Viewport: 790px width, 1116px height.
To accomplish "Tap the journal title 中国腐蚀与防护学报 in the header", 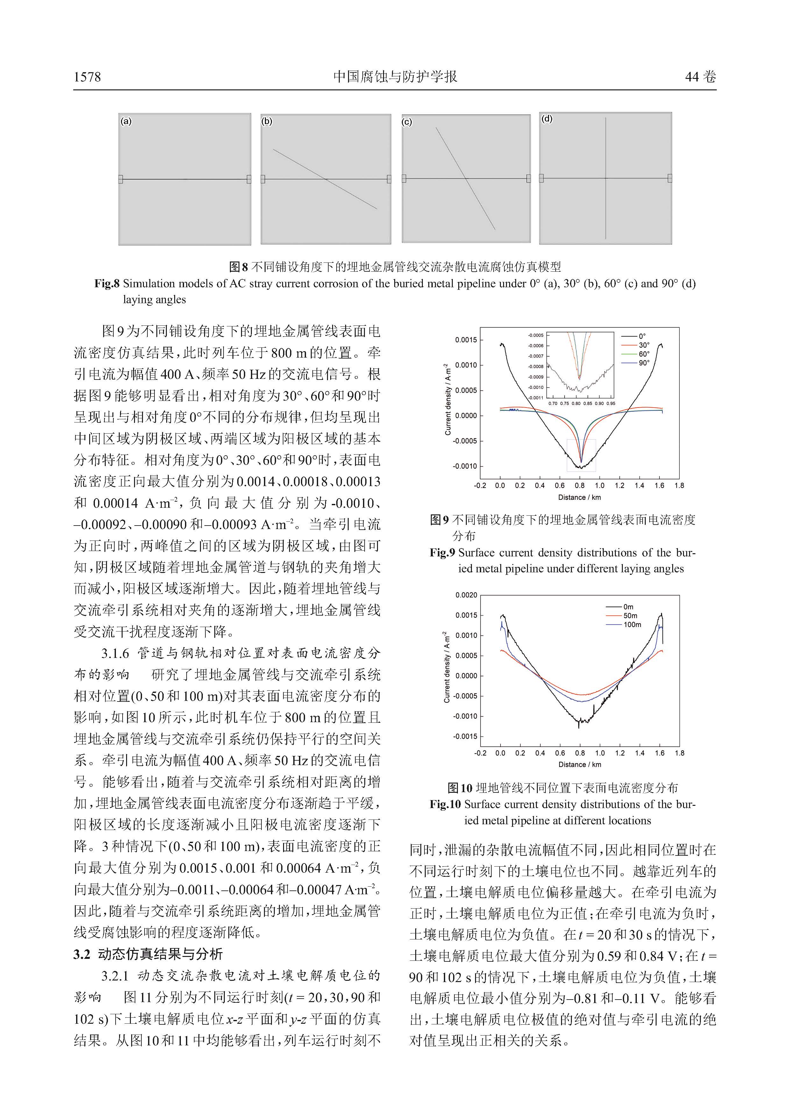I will coord(395,77).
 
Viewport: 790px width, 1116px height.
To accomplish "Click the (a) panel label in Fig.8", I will coord(126,122).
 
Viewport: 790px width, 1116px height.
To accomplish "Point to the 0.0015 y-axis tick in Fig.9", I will coord(466,340).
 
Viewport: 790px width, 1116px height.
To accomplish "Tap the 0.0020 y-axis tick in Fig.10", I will coord(466,595).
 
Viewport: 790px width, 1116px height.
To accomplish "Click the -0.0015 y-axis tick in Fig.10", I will coord(465,736).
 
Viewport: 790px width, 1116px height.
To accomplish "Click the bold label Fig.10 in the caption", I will coord(445,805).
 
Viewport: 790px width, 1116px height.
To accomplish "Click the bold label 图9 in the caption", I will coord(439,520).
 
